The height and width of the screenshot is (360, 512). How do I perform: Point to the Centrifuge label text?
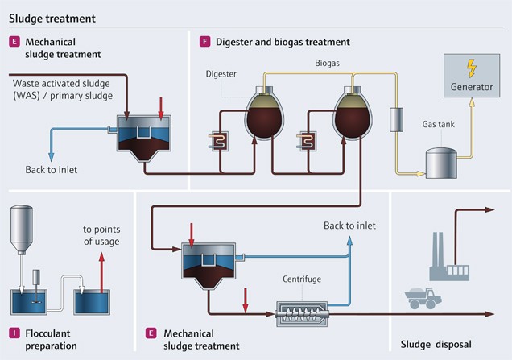click(303, 278)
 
